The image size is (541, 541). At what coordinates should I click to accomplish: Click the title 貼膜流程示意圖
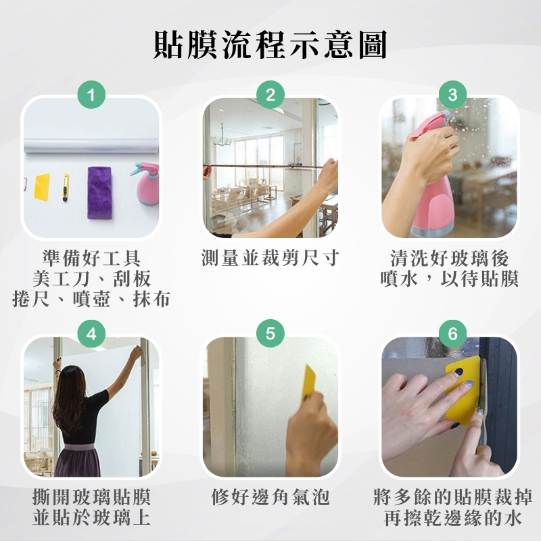coord(270,45)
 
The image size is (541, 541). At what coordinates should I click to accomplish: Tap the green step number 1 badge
coord(91,95)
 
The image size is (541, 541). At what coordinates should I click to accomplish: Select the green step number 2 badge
coord(270,95)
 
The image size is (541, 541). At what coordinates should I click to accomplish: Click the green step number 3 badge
coord(452,95)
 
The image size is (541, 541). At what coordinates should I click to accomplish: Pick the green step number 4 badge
coord(91,333)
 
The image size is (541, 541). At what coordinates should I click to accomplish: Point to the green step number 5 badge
coord(270,333)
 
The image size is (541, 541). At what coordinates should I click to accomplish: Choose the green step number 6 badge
coord(452,333)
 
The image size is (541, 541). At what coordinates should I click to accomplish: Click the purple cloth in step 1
coord(99,193)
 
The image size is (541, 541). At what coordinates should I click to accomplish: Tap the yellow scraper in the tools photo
coord(42,187)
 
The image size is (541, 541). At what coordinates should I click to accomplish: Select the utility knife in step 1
coord(65,187)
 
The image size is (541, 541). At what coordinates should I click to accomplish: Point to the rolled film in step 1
coord(91,145)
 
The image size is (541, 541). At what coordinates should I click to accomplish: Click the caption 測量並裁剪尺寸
coord(270,258)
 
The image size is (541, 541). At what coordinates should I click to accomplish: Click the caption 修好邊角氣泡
coord(270,497)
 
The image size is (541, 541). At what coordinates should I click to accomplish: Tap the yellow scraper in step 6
coord(463,390)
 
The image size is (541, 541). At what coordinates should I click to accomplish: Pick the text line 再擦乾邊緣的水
coord(452,518)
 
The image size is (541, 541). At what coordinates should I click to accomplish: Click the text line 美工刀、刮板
coord(92,279)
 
